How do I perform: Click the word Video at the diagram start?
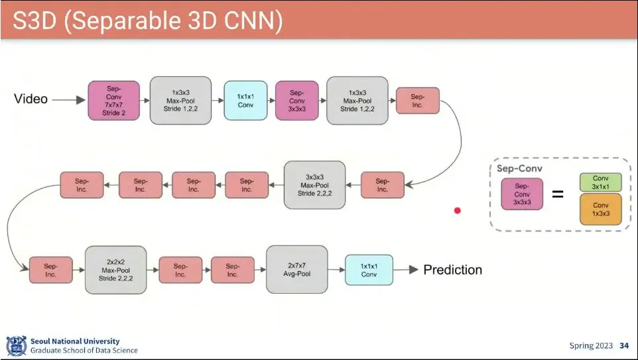[31, 99]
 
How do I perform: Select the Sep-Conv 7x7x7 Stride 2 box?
[113, 100]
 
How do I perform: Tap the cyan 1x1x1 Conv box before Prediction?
[369, 270]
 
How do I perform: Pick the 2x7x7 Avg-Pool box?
[297, 269]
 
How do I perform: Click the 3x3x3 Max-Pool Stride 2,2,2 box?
[315, 184]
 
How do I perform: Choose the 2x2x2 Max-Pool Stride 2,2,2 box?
[116, 269]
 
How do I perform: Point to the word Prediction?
[452, 269]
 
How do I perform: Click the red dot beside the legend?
[457, 210]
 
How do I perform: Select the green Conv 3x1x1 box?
[600, 182]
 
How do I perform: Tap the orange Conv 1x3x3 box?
[600, 210]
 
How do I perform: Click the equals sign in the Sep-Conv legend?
[558, 195]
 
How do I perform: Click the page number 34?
[624, 345]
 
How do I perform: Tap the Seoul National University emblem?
[15, 345]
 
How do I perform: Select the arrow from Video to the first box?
[69, 100]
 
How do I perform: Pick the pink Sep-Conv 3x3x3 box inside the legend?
[522, 195]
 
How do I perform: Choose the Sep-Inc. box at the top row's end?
[417, 100]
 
